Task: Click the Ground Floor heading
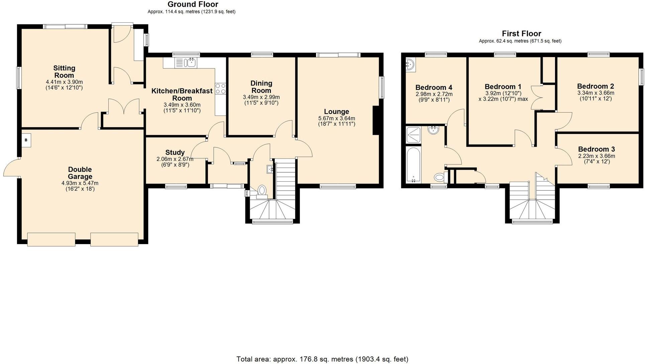(x=193, y=4)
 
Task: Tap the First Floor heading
(x=521, y=33)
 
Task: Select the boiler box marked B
(x=26, y=140)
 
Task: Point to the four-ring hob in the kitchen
(x=220, y=88)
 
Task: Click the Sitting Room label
(x=64, y=71)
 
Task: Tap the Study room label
(x=175, y=153)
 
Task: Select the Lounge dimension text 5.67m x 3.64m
(x=336, y=119)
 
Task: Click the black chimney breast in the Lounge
(x=376, y=121)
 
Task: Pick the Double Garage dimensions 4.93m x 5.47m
(x=80, y=183)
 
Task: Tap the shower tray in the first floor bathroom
(x=413, y=135)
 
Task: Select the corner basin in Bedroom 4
(x=410, y=64)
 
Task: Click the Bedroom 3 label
(x=596, y=149)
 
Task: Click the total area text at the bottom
(x=322, y=359)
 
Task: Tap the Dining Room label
(x=261, y=87)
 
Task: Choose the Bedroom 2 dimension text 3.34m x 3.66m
(x=596, y=93)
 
